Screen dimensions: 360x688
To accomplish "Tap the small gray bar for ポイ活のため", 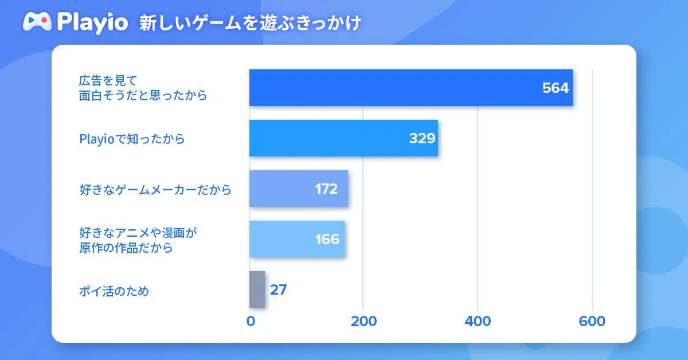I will (x=257, y=289).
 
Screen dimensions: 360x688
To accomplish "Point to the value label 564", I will (x=555, y=88).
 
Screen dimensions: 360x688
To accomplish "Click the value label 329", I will (x=422, y=139).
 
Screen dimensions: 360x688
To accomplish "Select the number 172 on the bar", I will (x=326, y=189).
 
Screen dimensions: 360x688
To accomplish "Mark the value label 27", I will (x=278, y=290).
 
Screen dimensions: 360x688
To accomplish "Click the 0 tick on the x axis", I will (x=251, y=322).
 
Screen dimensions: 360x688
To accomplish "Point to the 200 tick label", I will (x=363, y=322).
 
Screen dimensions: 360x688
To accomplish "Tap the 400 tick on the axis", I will (x=478, y=322).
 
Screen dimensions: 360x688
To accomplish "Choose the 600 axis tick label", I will (x=592, y=322).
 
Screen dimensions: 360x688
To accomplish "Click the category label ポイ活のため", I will (x=114, y=291).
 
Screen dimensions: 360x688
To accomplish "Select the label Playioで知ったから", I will (x=132, y=139).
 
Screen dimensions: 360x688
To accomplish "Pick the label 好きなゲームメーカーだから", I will (x=155, y=189).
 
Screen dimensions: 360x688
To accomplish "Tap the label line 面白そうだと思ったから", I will (x=143, y=96).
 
